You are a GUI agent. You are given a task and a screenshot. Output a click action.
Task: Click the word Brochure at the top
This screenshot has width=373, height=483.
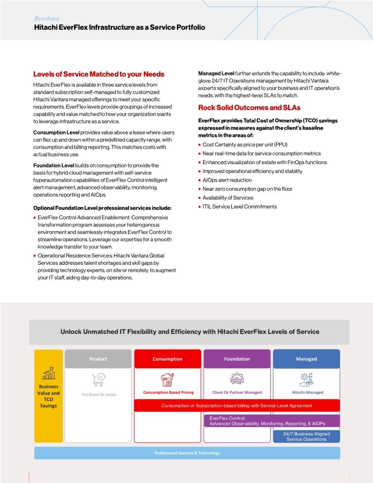tap(47, 18)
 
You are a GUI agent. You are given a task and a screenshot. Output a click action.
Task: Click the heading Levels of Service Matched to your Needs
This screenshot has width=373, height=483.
tap(99, 74)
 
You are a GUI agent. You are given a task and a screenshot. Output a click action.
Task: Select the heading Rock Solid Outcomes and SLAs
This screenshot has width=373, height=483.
tap(249, 107)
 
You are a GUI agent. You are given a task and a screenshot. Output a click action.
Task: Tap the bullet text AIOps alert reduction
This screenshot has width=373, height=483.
tap(227, 180)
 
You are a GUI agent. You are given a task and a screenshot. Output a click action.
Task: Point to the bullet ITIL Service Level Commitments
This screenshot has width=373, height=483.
tap(240, 207)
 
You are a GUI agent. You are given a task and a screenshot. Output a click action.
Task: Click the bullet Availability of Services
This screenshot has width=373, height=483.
tap(228, 198)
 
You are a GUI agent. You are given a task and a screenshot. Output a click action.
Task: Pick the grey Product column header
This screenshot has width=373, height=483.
tap(98, 359)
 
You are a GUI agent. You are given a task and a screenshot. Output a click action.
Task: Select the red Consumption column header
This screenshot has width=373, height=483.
tap(167, 359)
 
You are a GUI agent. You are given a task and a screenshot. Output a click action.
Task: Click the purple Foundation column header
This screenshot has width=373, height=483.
tap(237, 359)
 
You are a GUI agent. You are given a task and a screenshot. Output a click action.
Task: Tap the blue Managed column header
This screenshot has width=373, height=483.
tap(306, 359)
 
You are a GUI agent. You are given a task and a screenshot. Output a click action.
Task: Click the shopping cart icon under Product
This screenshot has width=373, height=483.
tap(98, 378)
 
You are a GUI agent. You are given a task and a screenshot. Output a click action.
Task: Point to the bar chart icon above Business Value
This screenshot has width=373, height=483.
tap(48, 373)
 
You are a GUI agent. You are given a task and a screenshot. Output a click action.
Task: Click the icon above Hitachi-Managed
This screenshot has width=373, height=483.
tap(306, 378)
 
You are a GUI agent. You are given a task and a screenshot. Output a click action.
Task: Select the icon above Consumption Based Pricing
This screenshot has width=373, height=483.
tap(168, 379)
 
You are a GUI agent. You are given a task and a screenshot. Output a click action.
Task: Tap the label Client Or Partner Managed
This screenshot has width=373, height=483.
tap(237, 392)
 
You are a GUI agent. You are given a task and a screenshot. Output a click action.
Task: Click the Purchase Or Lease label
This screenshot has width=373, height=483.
tap(99, 394)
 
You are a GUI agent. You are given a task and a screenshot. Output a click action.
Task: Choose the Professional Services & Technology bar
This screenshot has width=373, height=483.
tap(187, 453)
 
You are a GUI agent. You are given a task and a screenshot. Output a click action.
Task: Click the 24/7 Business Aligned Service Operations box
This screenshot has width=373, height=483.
tap(306, 436)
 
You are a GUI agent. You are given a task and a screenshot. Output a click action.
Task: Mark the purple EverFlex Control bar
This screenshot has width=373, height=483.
tap(272, 421)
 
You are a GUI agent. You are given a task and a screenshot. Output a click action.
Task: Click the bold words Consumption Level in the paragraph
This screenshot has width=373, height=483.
tap(53, 132)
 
